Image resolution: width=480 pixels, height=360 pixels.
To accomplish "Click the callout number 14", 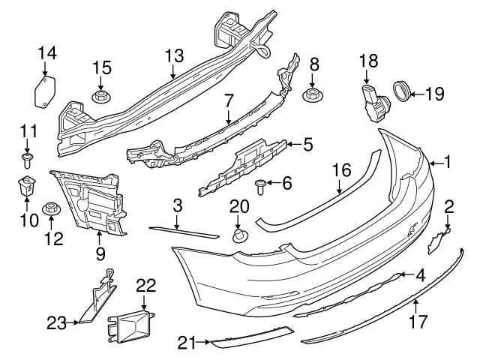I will click(x=46, y=52).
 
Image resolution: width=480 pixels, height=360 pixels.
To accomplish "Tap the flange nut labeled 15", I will click(x=102, y=97).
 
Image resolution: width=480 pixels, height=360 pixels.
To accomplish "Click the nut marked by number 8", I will click(x=313, y=94).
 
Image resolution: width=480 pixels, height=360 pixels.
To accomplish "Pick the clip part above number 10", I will click(x=26, y=184).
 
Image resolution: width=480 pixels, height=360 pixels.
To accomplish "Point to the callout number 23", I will click(x=57, y=323).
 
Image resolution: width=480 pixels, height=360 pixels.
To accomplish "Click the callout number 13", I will click(x=174, y=55).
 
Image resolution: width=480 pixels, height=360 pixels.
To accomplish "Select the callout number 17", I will click(x=418, y=323).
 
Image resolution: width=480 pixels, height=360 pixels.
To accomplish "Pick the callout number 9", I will click(x=99, y=253).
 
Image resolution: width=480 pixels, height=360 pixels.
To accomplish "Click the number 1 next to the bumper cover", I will click(x=447, y=160).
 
